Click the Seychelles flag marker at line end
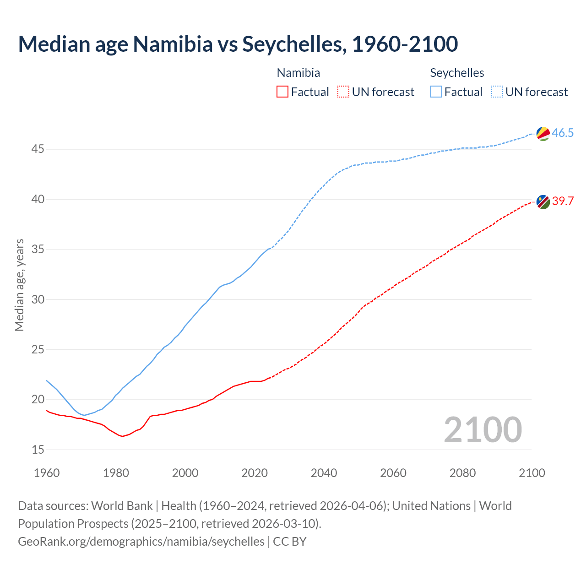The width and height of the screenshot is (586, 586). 543,133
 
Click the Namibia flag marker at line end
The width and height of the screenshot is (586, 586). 543,201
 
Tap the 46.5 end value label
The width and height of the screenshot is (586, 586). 563,133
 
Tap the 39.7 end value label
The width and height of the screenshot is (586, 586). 563,201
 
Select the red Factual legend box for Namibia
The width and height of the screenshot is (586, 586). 282,92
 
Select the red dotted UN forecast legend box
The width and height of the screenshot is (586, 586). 343,92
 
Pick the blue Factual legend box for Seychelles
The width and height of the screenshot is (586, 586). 436,92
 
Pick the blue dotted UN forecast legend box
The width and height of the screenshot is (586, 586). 497,92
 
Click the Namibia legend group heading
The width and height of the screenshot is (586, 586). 298,73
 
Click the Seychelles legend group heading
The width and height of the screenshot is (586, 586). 457,73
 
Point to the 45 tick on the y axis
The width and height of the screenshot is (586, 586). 38,149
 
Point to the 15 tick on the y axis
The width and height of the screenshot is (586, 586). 38,450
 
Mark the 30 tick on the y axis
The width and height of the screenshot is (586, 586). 38,299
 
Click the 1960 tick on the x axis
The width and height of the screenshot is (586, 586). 47,473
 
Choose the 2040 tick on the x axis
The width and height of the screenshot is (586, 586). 324,473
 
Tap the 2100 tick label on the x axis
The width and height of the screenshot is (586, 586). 532,473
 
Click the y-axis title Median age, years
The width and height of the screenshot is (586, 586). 19,285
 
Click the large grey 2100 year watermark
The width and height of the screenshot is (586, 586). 483,429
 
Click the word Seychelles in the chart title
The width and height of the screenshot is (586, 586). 291,44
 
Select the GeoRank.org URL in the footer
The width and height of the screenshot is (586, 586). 141,542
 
